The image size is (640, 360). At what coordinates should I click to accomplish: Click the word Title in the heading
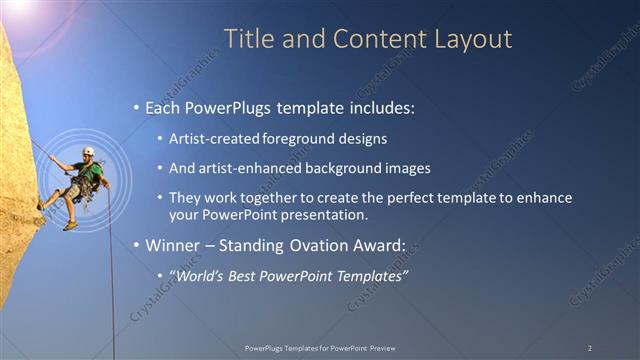click(x=246, y=39)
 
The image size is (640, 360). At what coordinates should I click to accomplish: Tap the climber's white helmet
click(x=88, y=152)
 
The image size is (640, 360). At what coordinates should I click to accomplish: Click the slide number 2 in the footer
click(x=589, y=348)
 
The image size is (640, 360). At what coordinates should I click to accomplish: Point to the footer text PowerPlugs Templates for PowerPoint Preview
click(x=319, y=348)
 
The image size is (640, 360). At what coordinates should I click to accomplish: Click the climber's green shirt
click(x=91, y=173)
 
